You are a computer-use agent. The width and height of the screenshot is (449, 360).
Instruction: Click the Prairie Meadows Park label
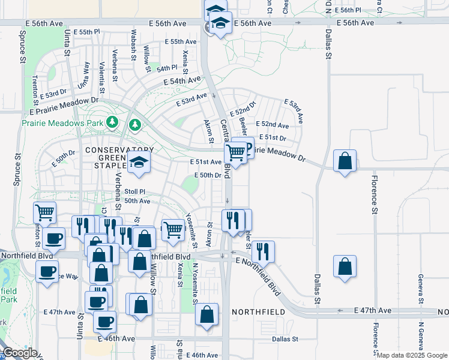pos(54,122)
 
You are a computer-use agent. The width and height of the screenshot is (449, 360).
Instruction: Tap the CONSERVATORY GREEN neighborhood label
pos(119,149)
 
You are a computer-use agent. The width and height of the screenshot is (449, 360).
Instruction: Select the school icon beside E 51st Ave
pos(139,162)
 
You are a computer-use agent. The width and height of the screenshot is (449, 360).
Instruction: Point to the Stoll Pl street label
pos(135,191)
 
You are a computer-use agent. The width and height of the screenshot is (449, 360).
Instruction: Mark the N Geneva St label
pos(421,336)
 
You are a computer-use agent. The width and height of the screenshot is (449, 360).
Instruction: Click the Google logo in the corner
pos(19,353)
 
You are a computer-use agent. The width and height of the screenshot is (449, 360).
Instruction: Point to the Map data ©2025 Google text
pos(412,355)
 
